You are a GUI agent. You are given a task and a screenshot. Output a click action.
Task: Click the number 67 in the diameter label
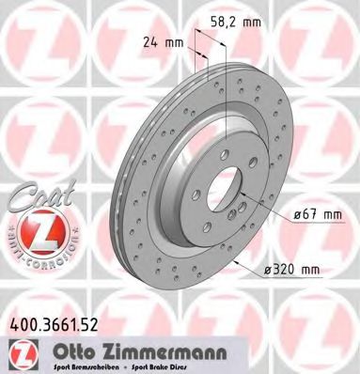tap(305, 214)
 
